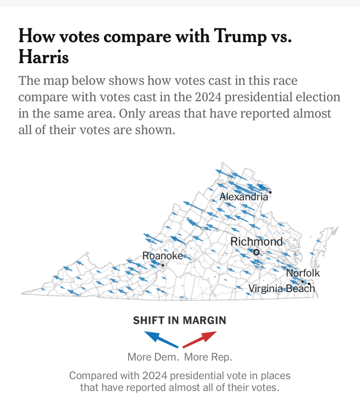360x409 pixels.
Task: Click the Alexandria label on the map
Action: [244, 197]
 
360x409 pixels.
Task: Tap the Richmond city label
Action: [256, 242]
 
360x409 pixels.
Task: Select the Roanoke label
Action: [163, 256]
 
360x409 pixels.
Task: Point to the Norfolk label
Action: [303, 273]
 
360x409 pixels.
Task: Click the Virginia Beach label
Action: [281, 288]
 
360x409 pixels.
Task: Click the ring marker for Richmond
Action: [256, 252]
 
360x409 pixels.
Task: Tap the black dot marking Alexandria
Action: [270, 192]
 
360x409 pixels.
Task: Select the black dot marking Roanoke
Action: [163, 265]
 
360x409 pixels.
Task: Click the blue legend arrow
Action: [161, 339]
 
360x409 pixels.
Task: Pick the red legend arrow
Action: [200, 339]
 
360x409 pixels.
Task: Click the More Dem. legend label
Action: [153, 357]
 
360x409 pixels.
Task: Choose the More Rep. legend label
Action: [208, 357]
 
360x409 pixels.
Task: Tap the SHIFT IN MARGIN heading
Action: [180, 320]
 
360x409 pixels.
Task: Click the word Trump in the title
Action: [240, 37]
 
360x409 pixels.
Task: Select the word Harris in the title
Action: [44, 57]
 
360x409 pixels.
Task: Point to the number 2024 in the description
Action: [208, 97]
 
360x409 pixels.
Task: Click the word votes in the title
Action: [79, 37]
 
